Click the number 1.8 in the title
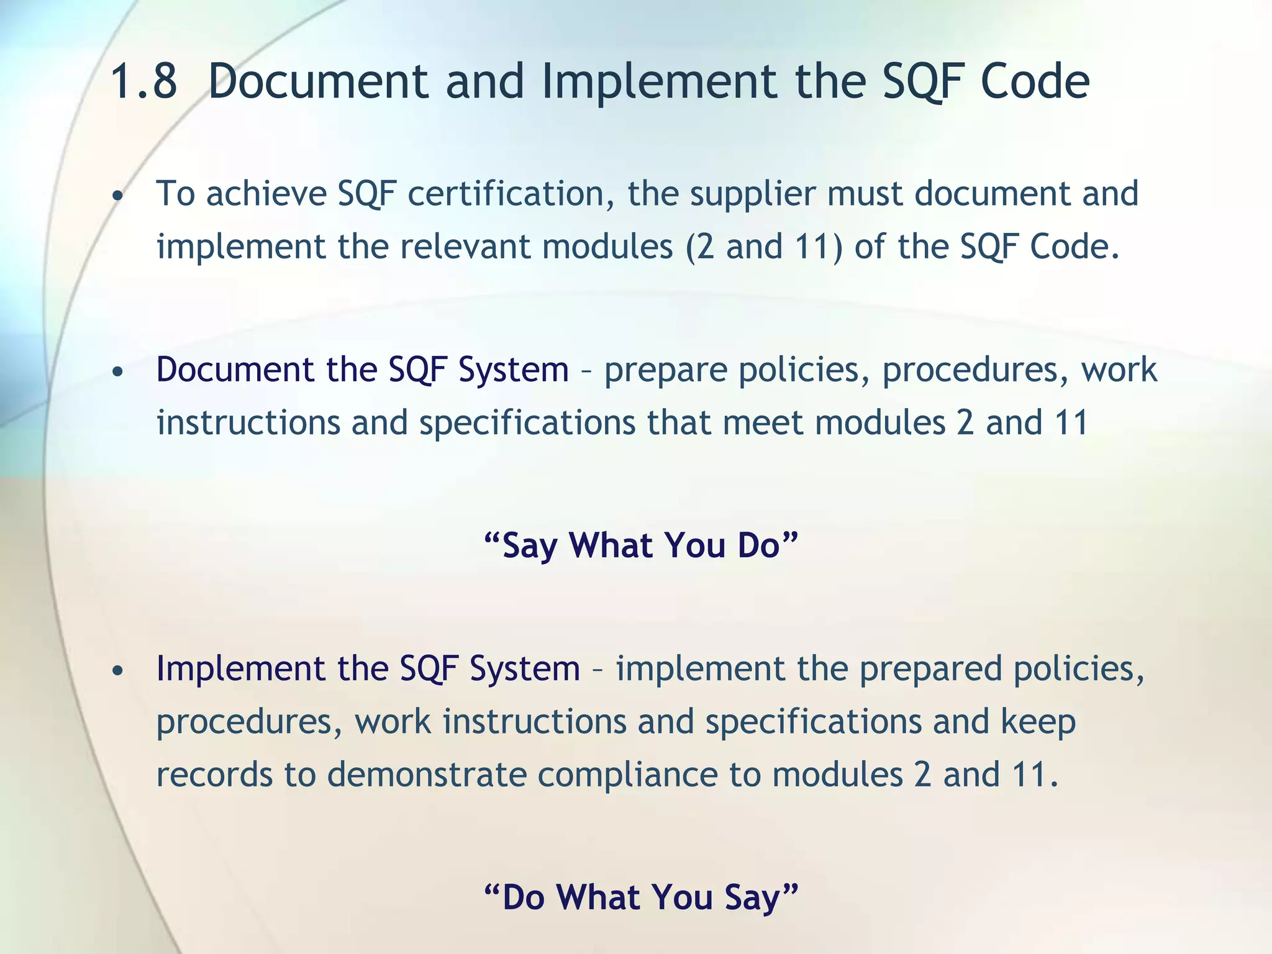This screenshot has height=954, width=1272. click(143, 82)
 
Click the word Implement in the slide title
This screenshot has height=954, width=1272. click(659, 82)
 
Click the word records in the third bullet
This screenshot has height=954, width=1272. click(214, 775)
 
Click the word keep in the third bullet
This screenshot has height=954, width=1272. click(1038, 722)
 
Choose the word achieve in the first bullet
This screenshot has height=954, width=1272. click(266, 193)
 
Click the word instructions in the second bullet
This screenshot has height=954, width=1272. click(248, 423)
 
